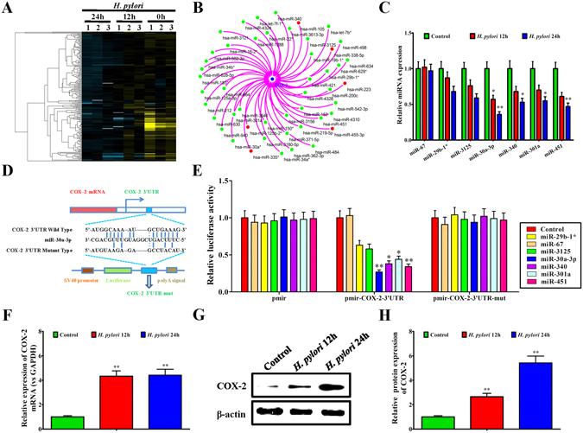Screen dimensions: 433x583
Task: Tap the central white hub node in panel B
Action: [x=272, y=80]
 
